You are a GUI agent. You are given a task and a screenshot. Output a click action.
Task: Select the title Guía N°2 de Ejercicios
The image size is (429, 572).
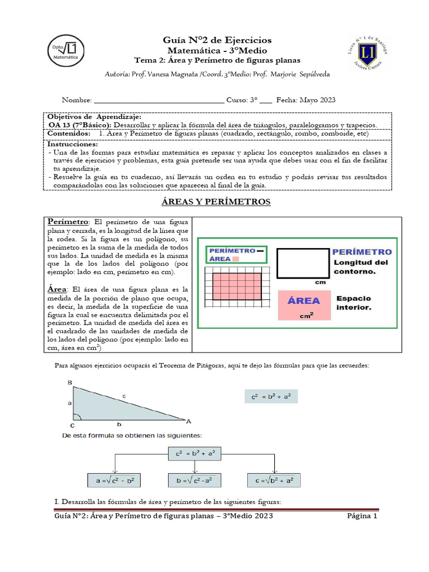point(217,40)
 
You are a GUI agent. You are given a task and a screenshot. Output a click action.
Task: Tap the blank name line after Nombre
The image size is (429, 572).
point(159,101)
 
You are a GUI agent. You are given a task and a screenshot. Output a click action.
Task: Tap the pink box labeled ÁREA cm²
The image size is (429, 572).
point(304,306)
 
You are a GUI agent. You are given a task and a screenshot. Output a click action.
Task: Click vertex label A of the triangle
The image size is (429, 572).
point(188,421)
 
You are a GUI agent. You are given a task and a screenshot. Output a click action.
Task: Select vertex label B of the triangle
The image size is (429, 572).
point(70,383)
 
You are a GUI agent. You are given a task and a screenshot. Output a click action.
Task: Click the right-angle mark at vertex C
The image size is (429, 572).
point(77,416)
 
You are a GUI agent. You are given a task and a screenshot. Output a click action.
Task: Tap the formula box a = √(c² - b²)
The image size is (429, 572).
point(115,480)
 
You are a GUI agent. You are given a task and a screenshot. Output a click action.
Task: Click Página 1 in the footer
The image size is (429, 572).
point(362,516)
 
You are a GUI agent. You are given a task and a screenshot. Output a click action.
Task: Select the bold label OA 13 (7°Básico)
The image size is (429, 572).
point(80,125)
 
